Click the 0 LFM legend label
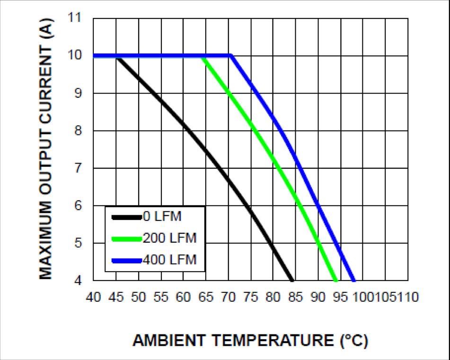coord(162,217)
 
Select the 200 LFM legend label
coord(169,238)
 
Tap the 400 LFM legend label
coord(169,260)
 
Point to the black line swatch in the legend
coord(126,217)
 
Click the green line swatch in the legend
coord(126,238)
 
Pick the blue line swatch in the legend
coord(126,260)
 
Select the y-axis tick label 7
coord(78,168)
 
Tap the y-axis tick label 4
coord(78,281)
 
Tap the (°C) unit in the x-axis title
coord(353,341)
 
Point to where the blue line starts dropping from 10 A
coord(231,56)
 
